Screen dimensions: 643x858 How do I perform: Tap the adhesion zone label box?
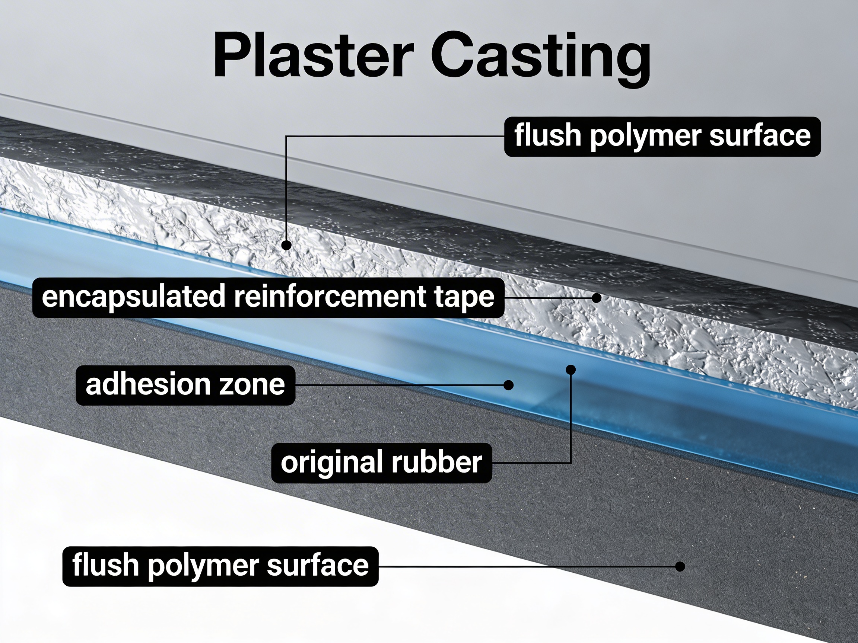185,385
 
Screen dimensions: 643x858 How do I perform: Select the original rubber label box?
381,463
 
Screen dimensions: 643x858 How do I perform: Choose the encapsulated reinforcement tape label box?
268,297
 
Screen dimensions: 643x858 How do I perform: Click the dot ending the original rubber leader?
571,370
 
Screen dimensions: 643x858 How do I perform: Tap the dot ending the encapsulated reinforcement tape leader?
597,298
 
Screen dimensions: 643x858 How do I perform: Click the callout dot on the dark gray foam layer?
680,566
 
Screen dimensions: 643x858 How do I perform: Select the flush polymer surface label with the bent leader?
662,137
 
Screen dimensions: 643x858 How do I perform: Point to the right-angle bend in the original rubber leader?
571,463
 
